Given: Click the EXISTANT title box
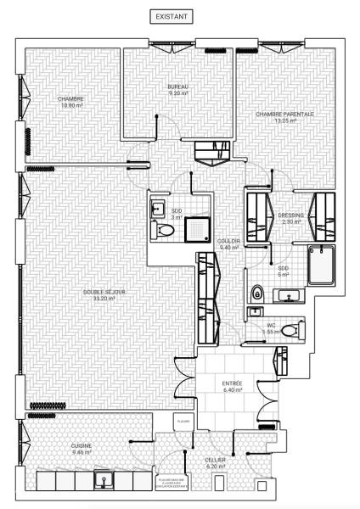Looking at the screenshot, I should tap(172, 16).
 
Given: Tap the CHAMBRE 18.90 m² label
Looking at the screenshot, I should tap(70, 102).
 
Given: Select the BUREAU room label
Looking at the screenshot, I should tap(177, 90).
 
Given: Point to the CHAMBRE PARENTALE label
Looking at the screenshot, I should tap(285, 117).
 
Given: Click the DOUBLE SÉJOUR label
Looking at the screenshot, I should tap(104, 295).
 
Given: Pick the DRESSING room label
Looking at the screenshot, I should tap(290, 215).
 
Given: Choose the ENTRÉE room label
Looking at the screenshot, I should tap(232, 386).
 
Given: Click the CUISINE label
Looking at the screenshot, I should tap(82, 449).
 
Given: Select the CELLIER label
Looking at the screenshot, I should tap(215, 462).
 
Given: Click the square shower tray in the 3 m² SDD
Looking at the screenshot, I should tap(200, 225).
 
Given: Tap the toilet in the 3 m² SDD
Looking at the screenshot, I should tap(164, 232).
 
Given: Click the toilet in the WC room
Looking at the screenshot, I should tap(291, 329).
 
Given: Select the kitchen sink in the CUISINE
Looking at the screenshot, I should tap(105, 481).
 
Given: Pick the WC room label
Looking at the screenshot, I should tap(271, 328).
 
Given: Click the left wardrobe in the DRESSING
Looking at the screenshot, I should tap(257, 217).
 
